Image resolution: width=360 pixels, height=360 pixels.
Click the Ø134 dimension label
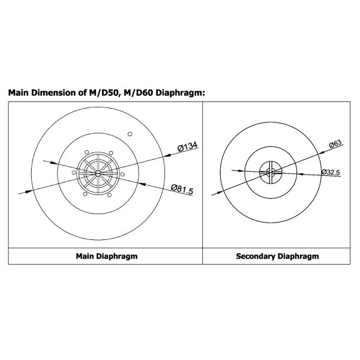187,147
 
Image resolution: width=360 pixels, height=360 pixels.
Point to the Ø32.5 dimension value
331,172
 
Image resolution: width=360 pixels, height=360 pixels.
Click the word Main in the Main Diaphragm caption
86,256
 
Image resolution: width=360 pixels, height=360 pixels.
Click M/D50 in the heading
101,93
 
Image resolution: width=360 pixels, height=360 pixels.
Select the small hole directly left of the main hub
74,173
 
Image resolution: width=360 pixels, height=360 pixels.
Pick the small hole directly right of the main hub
122,174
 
